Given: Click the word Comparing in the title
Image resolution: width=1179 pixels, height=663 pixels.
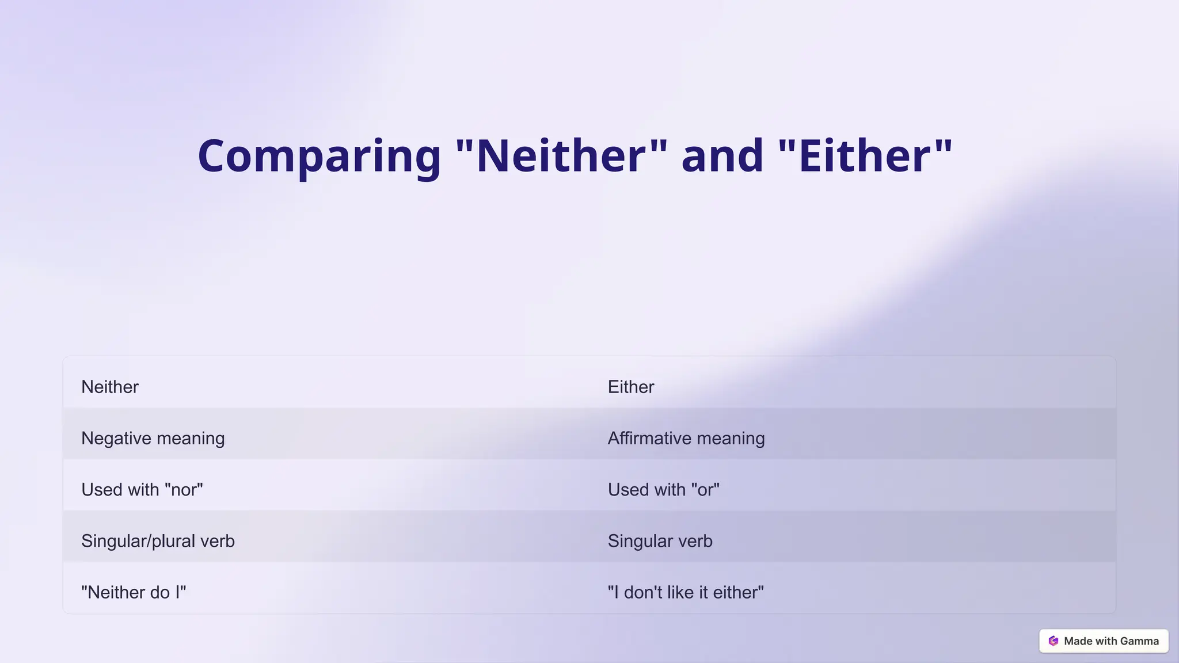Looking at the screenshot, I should (319, 156).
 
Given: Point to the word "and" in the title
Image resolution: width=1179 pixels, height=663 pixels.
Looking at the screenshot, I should (722, 156).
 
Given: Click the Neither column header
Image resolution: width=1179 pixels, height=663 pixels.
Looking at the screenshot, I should (110, 387).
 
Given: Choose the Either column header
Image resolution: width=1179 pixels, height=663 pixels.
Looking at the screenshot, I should (631, 387).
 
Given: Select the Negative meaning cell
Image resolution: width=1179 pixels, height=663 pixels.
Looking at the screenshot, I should (153, 438).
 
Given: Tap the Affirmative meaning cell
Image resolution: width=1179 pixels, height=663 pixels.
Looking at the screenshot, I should (686, 438).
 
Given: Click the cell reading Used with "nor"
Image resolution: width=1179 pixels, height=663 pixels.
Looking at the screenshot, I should (142, 490).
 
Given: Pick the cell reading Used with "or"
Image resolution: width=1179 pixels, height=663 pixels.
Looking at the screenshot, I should (664, 490).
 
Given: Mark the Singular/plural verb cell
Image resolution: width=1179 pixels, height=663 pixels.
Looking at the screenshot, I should (158, 541).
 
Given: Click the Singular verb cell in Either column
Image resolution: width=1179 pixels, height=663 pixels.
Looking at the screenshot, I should (660, 541).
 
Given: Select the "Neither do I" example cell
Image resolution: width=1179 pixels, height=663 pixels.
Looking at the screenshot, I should (134, 592).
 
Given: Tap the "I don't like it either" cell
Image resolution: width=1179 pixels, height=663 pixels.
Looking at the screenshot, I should (686, 592).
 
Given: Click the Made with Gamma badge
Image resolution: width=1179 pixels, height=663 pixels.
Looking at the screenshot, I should (1104, 641).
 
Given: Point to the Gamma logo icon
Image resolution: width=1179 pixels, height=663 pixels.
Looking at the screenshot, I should (1054, 641).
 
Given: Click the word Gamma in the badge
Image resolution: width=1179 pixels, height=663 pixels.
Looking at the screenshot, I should (1139, 641).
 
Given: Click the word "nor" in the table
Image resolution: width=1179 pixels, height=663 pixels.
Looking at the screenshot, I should (184, 490).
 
